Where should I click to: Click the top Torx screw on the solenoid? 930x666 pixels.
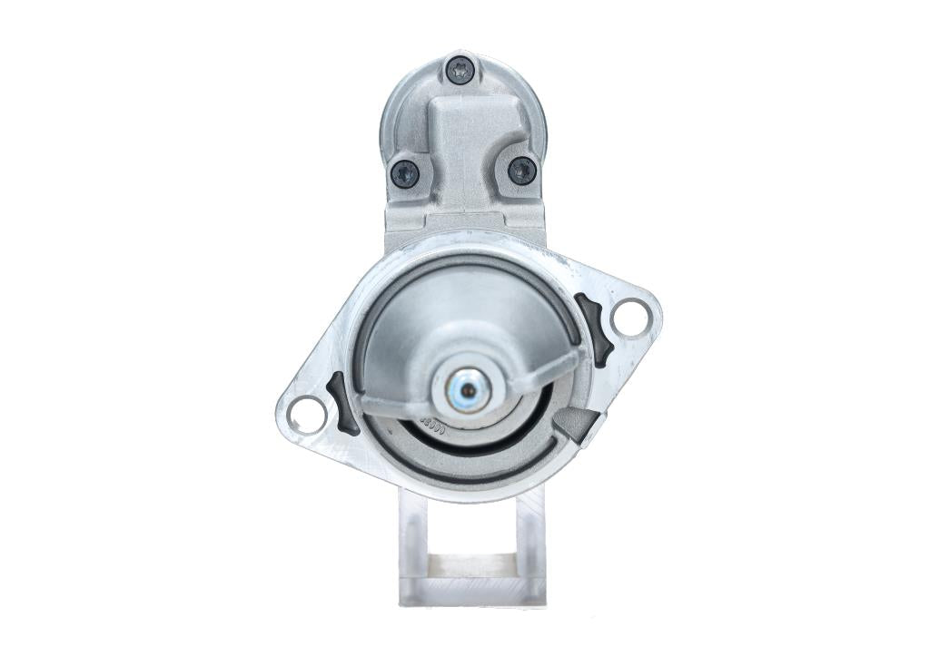click(x=460, y=69)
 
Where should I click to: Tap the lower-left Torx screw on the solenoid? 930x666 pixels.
click(x=404, y=172)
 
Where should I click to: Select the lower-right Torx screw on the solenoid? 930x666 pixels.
click(x=521, y=170)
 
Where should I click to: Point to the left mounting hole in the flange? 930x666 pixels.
click(x=306, y=414)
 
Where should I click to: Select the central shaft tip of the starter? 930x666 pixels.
click(x=468, y=390)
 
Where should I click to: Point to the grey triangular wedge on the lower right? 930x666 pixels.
click(x=577, y=423)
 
